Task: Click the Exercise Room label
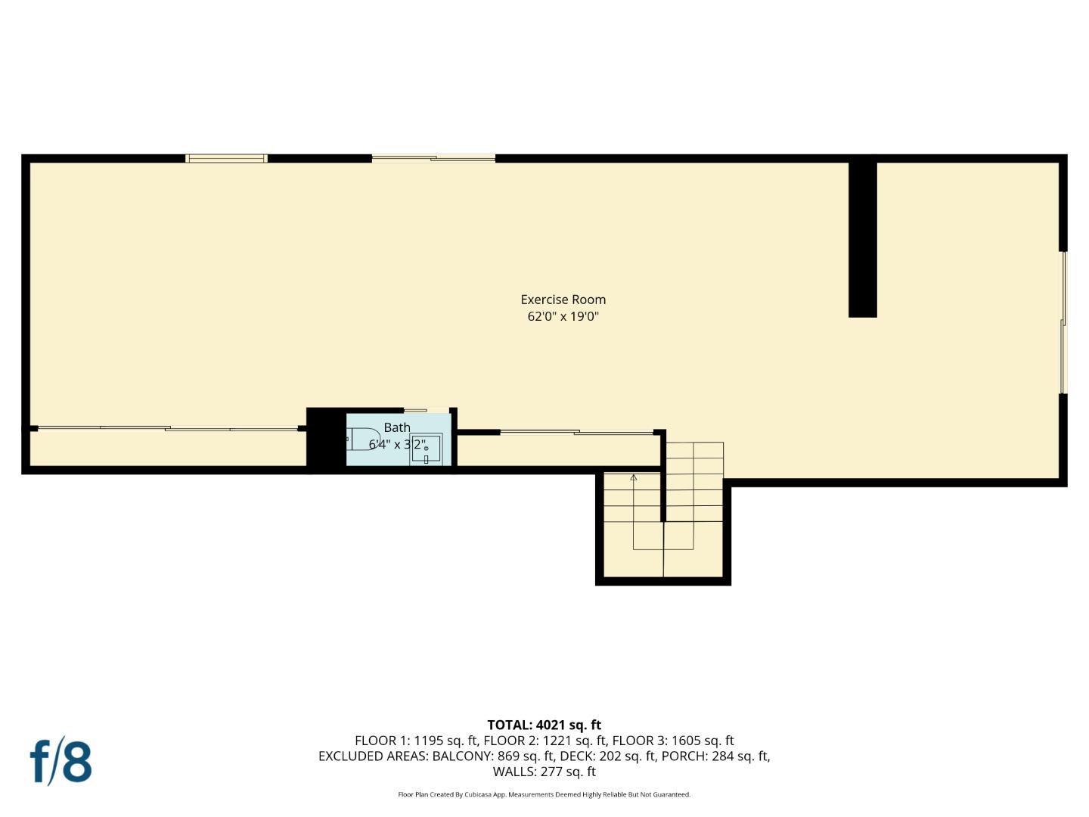point(563,300)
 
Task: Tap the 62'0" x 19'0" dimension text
point(563,317)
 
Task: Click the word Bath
point(396,427)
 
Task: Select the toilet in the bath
point(364,439)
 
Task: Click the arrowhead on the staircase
point(633,477)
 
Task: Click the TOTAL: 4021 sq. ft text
point(544,725)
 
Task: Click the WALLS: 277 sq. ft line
point(544,772)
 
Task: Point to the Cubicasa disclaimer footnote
point(544,794)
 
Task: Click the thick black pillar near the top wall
point(862,238)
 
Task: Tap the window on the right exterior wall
point(1063,322)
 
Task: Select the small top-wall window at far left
point(226,158)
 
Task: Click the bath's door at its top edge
point(415,411)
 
